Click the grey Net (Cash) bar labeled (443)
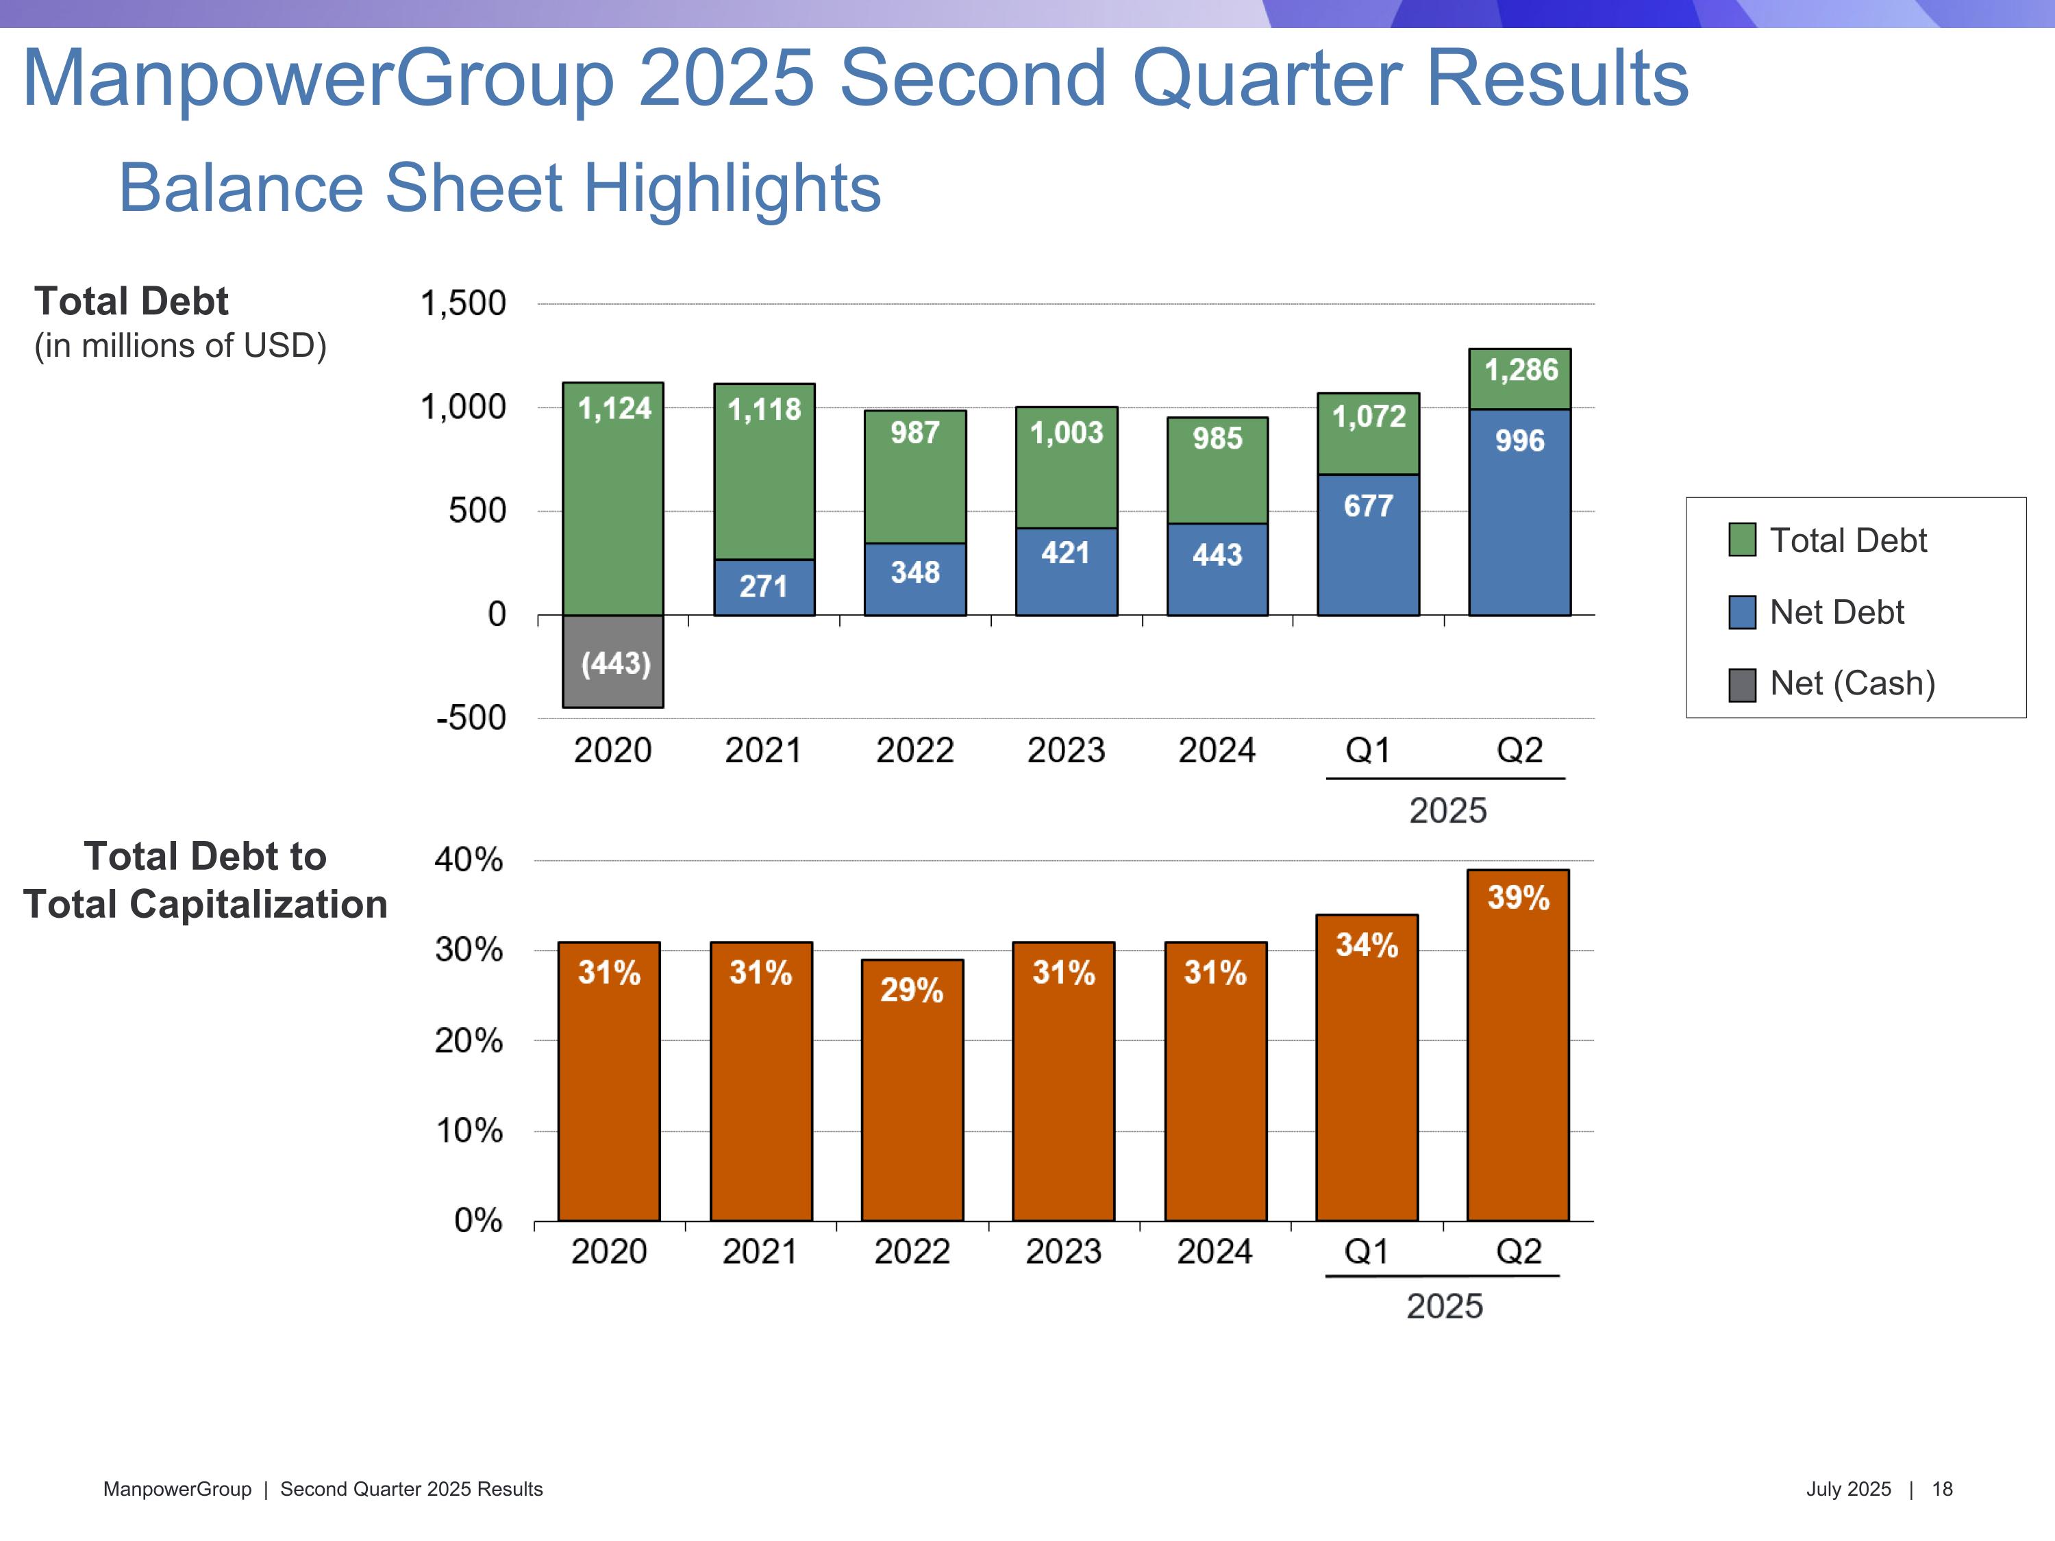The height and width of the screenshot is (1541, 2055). point(613,662)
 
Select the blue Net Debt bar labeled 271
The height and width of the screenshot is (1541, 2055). point(764,587)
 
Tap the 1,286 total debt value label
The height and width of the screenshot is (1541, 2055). point(1521,371)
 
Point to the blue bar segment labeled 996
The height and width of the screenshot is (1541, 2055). point(1519,512)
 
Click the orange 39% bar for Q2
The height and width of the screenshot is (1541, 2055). point(1518,1045)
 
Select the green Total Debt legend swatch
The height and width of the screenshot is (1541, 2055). point(1742,540)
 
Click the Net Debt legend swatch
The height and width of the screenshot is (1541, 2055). point(1742,612)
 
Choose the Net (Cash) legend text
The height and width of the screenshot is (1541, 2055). point(1852,684)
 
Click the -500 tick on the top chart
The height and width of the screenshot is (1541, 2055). point(471,718)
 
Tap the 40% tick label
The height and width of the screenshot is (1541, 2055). point(469,860)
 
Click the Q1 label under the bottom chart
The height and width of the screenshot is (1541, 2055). point(1367,1252)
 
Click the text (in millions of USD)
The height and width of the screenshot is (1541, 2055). point(180,346)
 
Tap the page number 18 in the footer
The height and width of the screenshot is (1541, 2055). point(1942,1489)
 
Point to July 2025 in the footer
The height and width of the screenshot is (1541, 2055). point(1848,1489)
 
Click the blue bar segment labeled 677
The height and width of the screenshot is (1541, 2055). point(1367,545)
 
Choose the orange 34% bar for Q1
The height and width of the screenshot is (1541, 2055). point(1367,1068)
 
